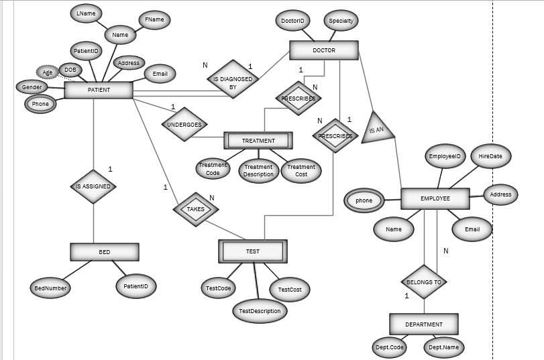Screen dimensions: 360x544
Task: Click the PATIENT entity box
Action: pos(99,91)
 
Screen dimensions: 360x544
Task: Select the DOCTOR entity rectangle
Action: pos(324,50)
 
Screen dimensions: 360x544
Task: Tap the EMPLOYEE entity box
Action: pos(435,199)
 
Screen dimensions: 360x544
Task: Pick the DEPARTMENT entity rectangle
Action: pos(423,324)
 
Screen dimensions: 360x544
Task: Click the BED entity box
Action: pos(105,252)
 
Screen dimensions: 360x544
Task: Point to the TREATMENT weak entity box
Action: pos(258,141)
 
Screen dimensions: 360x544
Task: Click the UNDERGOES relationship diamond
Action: pos(184,125)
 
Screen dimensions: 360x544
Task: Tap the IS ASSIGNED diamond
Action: pos(93,186)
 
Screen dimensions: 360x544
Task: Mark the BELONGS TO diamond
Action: pos(424,282)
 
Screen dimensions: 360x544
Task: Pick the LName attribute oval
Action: pos(85,13)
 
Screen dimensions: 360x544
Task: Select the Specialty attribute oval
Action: pos(341,21)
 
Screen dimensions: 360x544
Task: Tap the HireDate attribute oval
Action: pos(490,156)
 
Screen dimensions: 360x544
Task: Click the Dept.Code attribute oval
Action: pos(389,347)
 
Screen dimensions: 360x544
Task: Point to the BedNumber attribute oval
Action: pos(51,288)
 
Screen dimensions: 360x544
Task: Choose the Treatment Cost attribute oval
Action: pos(301,171)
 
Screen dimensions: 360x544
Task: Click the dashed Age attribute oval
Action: pos(48,72)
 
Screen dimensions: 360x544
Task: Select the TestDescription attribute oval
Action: pos(260,311)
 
